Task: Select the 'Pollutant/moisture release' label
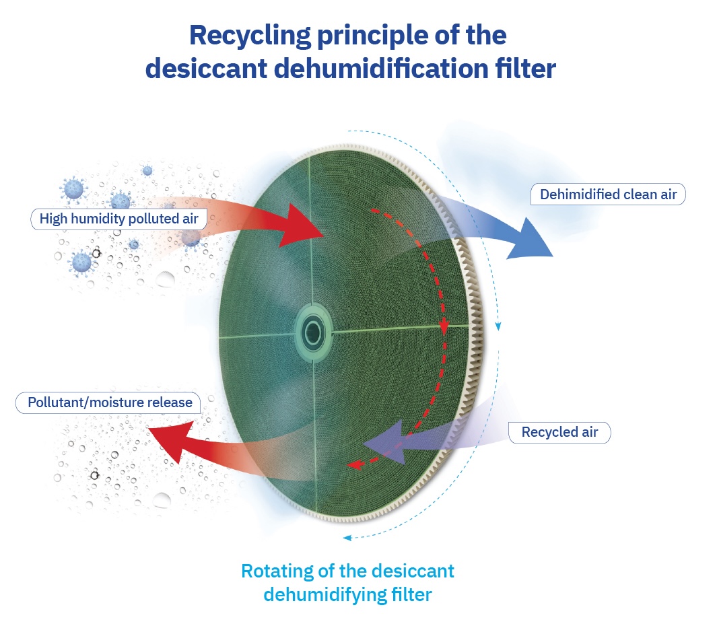click(110, 402)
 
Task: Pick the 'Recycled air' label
click(559, 432)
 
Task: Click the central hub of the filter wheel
click(314, 331)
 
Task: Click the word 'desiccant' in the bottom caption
click(413, 571)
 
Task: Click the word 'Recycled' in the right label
click(546, 432)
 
